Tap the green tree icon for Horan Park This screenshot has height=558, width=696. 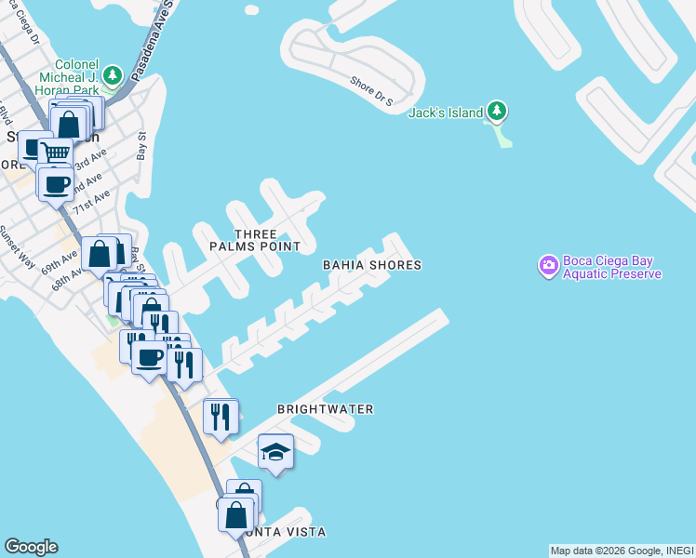pyautogui.click(x=113, y=73)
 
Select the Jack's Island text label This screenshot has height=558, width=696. pyautogui.click(x=446, y=113)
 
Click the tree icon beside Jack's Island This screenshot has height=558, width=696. pyautogui.click(x=498, y=113)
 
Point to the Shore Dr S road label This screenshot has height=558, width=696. pyautogui.click(x=373, y=89)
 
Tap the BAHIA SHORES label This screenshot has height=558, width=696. pyautogui.click(x=372, y=265)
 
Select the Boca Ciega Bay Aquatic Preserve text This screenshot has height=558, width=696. pyautogui.click(x=612, y=267)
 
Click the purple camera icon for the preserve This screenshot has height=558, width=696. pyautogui.click(x=548, y=267)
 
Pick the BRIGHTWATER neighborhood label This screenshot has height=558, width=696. pyautogui.click(x=325, y=409)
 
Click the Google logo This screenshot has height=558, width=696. pyautogui.click(x=31, y=547)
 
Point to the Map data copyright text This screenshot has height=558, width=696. pyautogui.click(x=622, y=551)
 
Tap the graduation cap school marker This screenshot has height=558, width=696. pyautogui.click(x=275, y=452)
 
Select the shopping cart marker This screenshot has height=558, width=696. pyautogui.click(x=57, y=152)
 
